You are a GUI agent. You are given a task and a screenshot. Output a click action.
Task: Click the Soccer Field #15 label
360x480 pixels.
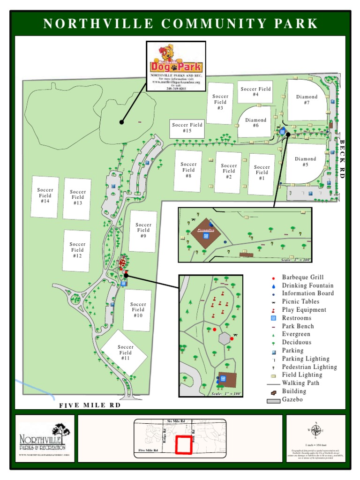[187, 128]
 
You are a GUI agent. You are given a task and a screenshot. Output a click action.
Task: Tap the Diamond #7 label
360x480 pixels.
[307, 99]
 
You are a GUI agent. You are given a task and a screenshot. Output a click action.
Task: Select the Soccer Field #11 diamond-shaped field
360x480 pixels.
[125, 352]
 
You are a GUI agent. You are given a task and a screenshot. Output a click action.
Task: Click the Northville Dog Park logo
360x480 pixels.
[176, 61]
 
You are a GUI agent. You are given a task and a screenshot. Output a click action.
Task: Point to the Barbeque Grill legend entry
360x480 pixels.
[302, 277]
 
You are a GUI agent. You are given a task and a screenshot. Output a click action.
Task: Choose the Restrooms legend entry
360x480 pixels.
[296, 318]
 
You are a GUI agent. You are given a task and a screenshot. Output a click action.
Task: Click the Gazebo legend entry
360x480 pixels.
[292, 400]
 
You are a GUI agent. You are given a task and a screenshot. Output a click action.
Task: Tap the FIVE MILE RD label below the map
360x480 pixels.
[89, 405]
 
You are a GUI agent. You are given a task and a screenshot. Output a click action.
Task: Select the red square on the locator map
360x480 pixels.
[184, 444]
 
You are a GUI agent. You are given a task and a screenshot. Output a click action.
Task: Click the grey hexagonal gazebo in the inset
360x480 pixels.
[225, 338]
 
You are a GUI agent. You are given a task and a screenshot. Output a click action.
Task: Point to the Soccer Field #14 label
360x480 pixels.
[45, 195]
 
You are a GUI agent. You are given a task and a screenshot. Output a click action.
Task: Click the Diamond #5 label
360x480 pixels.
[305, 162]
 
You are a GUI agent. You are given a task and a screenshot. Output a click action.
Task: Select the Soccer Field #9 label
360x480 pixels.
[143, 230]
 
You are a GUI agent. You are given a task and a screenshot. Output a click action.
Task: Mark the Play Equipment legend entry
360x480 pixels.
[304, 310]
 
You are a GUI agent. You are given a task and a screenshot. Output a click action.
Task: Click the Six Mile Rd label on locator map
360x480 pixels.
[176, 421]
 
